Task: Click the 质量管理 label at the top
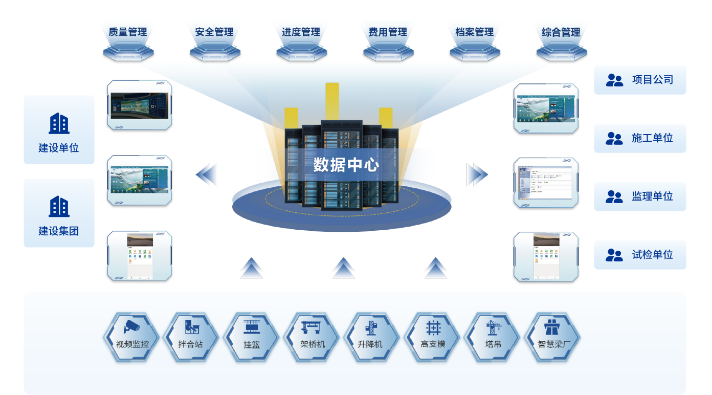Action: tap(128, 32)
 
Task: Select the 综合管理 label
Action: tap(561, 32)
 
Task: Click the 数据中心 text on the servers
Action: tap(346, 165)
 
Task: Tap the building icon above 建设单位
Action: tap(59, 123)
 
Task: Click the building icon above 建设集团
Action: tap(59, 206)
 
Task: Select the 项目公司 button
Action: tap(640, 80)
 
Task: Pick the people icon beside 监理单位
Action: tap(614, 196)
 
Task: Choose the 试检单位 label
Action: tap(652, 255)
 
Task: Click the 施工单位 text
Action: tap(652, 138)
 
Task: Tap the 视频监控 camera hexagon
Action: tap(132, 337)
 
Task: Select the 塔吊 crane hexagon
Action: tap(493, 337)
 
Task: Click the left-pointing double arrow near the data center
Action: tap(207, 174)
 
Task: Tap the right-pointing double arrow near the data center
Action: tap(477, 174)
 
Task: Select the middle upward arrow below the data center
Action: tap(344, 268)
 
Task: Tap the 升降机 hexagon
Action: tap(372, 337)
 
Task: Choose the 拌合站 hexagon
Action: tap(190, 337)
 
